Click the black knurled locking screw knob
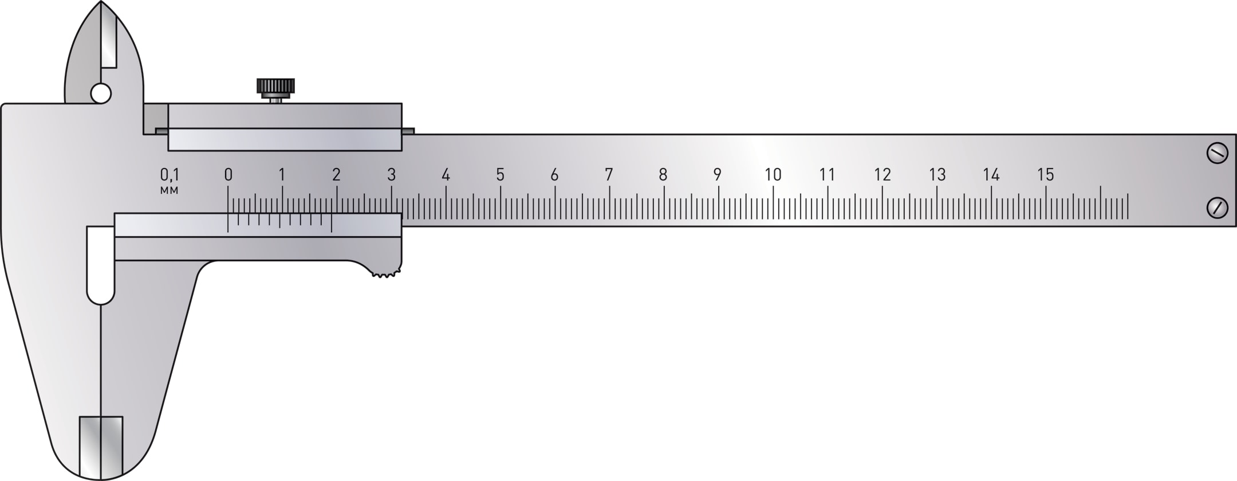pos(275,87)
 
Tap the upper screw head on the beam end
pos(1217,153)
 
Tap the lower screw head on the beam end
pos(1217,207)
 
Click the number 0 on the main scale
pos(228,175)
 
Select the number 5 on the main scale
pos(501,175)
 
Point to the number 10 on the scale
pos(773,175)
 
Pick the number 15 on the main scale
pos(1046,175)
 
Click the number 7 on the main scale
pos(609,175)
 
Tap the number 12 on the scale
pos(883,175)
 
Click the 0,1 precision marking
pos(170,175)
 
